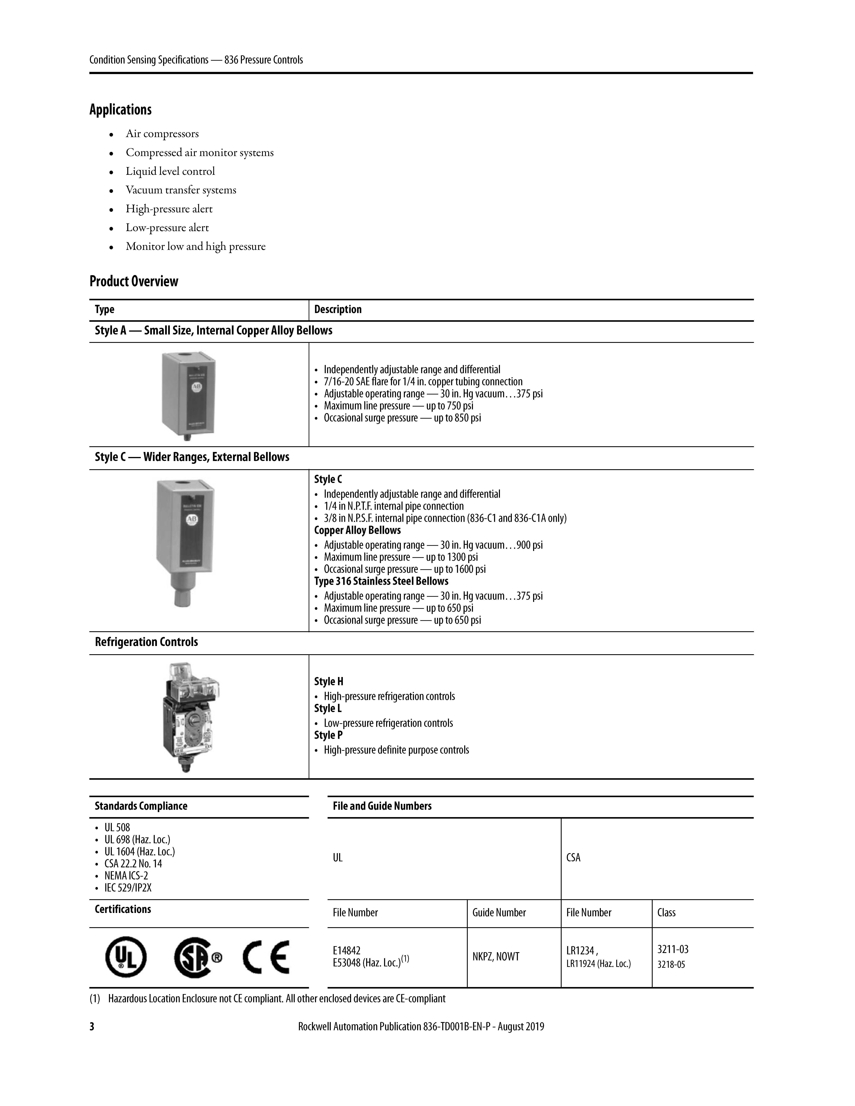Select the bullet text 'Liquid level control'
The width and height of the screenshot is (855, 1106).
pyautogui.click(x=170, y=171)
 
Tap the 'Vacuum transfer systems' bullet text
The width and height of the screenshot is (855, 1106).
pyautogui.click(x=181, y=190)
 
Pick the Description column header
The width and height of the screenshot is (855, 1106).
pyautogui.click(x=338, y=309)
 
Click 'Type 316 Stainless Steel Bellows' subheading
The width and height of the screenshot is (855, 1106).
pyautogui.click(x=381, y=581)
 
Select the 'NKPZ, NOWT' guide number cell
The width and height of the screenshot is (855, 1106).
pyautogui.click(x=496, y=957)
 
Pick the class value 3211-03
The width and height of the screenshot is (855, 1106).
pyautogui.click(x=673, y=949)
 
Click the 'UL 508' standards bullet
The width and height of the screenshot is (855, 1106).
pyautogui.click(x=117, y=827)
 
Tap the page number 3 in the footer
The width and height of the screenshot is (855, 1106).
pyautogui.click(x=92, y=1027)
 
